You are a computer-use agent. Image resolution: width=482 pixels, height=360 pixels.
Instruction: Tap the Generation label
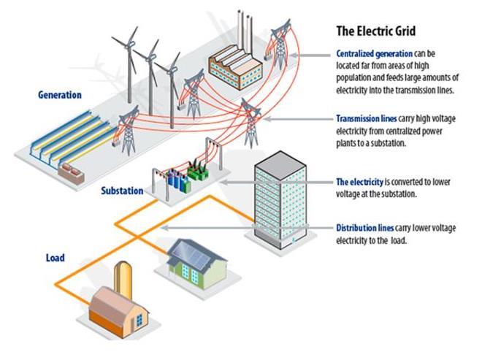[59, 95]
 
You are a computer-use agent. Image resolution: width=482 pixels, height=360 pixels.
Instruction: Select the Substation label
[123, 191]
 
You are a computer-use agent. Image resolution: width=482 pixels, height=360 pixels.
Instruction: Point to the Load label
[55, 258]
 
